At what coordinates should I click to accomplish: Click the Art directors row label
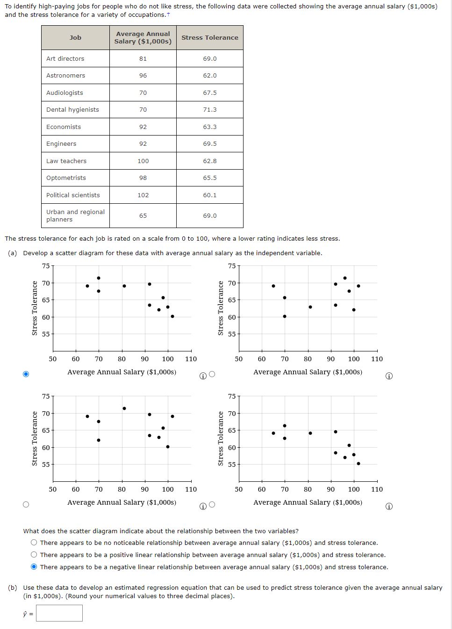coord(65,58)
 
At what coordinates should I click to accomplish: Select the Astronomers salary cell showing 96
coord(143,75)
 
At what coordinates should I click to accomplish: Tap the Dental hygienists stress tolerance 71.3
coord(209,109)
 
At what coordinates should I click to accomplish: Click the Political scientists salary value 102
coord(143,195)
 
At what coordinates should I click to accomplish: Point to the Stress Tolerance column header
coord(209,37)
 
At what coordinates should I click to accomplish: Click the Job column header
coord(75,37)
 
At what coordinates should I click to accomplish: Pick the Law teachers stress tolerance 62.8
coord(209,161)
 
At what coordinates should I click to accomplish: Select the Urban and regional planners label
coord(75,215)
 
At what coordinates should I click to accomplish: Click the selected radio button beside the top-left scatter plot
coord(26,374)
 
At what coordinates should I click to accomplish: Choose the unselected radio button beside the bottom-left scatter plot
coord(26,504)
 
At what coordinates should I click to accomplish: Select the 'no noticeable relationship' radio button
coord(34,543)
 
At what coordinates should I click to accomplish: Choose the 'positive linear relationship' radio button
coord(34,555)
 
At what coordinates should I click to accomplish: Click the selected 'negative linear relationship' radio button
coord(34,567)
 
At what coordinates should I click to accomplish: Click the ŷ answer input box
coord(59,613)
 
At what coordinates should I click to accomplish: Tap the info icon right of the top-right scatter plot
coord(389,376)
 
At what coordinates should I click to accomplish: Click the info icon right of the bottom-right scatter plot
coord(389,506)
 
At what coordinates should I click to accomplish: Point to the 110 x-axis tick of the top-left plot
coord(191,359)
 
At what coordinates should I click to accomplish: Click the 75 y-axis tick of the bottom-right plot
coord(232,396)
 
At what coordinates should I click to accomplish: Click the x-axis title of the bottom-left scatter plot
coord(122,502)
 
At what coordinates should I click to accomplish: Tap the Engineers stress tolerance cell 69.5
coord(209,143)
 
